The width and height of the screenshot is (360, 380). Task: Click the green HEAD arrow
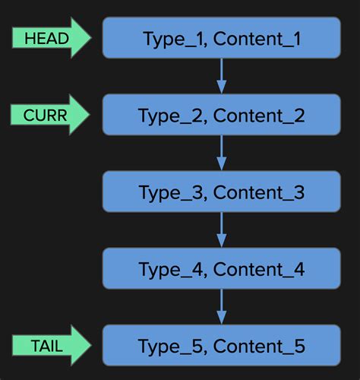point(50,38)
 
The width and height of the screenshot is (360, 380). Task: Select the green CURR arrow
point(50,115)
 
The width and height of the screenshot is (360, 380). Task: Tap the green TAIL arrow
point(50,346)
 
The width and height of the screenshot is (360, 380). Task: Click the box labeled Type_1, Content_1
point(221,38)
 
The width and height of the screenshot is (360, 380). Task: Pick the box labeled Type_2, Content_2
point(221,115)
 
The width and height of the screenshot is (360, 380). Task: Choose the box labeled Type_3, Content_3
point(221,192)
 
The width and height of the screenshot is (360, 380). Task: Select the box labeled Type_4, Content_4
point(221,268)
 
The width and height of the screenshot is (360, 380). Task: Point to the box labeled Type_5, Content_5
point(221,346)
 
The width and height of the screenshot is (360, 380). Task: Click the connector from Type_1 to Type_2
point(221,76)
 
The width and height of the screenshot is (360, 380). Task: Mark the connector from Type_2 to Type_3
point(221,153)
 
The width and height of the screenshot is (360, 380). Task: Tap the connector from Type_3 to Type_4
point(221,230)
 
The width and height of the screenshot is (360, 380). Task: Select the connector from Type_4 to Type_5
point(221,306)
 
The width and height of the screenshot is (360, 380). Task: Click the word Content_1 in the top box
point(257,39)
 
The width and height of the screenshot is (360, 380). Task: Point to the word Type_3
point(172,192)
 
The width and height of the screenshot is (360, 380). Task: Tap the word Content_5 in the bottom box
point(259,347)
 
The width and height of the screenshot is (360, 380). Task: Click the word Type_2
point(172,116)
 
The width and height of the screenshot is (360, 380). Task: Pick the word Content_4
point(259,269)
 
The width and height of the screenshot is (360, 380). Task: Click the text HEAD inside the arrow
point(46,38)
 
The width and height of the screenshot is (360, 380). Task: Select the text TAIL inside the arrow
point(46,346)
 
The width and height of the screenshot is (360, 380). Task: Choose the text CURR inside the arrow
point(46,115)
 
